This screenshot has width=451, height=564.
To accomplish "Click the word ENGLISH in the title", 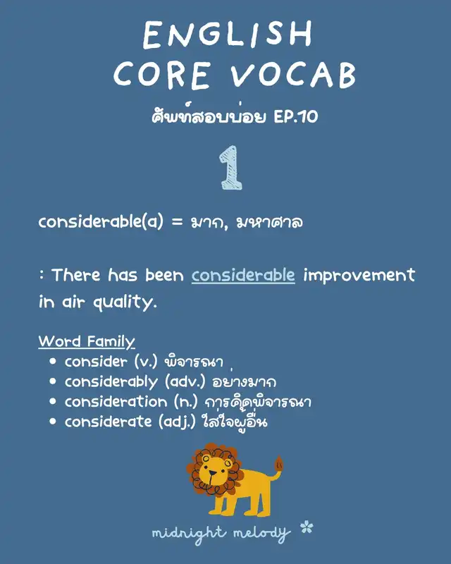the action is pos(228,34).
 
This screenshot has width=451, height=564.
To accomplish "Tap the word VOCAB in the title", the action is pos(293,75).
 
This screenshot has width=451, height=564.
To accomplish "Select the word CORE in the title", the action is pos(161,75).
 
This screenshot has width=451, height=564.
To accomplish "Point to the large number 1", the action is pos(231,167).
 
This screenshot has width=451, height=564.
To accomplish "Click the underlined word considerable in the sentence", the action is pos(243,275).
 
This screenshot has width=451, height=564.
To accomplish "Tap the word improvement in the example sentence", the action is pos(359,276).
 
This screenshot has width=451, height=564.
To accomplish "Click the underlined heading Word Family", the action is pos(87,341).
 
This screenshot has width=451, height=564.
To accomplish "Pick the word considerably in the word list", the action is pos(111,382).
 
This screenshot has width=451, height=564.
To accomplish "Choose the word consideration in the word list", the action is pos(116,401).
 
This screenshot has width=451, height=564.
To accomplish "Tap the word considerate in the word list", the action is pos(109,421).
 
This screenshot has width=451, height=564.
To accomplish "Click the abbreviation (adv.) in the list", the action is pos(185,382).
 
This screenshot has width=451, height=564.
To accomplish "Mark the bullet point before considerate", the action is pos(53,421).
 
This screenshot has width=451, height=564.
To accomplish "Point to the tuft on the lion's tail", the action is pos(279,464).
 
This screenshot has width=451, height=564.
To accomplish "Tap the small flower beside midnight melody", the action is pos(307,527).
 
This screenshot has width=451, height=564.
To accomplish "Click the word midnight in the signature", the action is pos(189,534).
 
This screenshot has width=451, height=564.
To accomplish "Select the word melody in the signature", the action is pos(261,534).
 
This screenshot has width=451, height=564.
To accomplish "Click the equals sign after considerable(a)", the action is pos(177,221).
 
